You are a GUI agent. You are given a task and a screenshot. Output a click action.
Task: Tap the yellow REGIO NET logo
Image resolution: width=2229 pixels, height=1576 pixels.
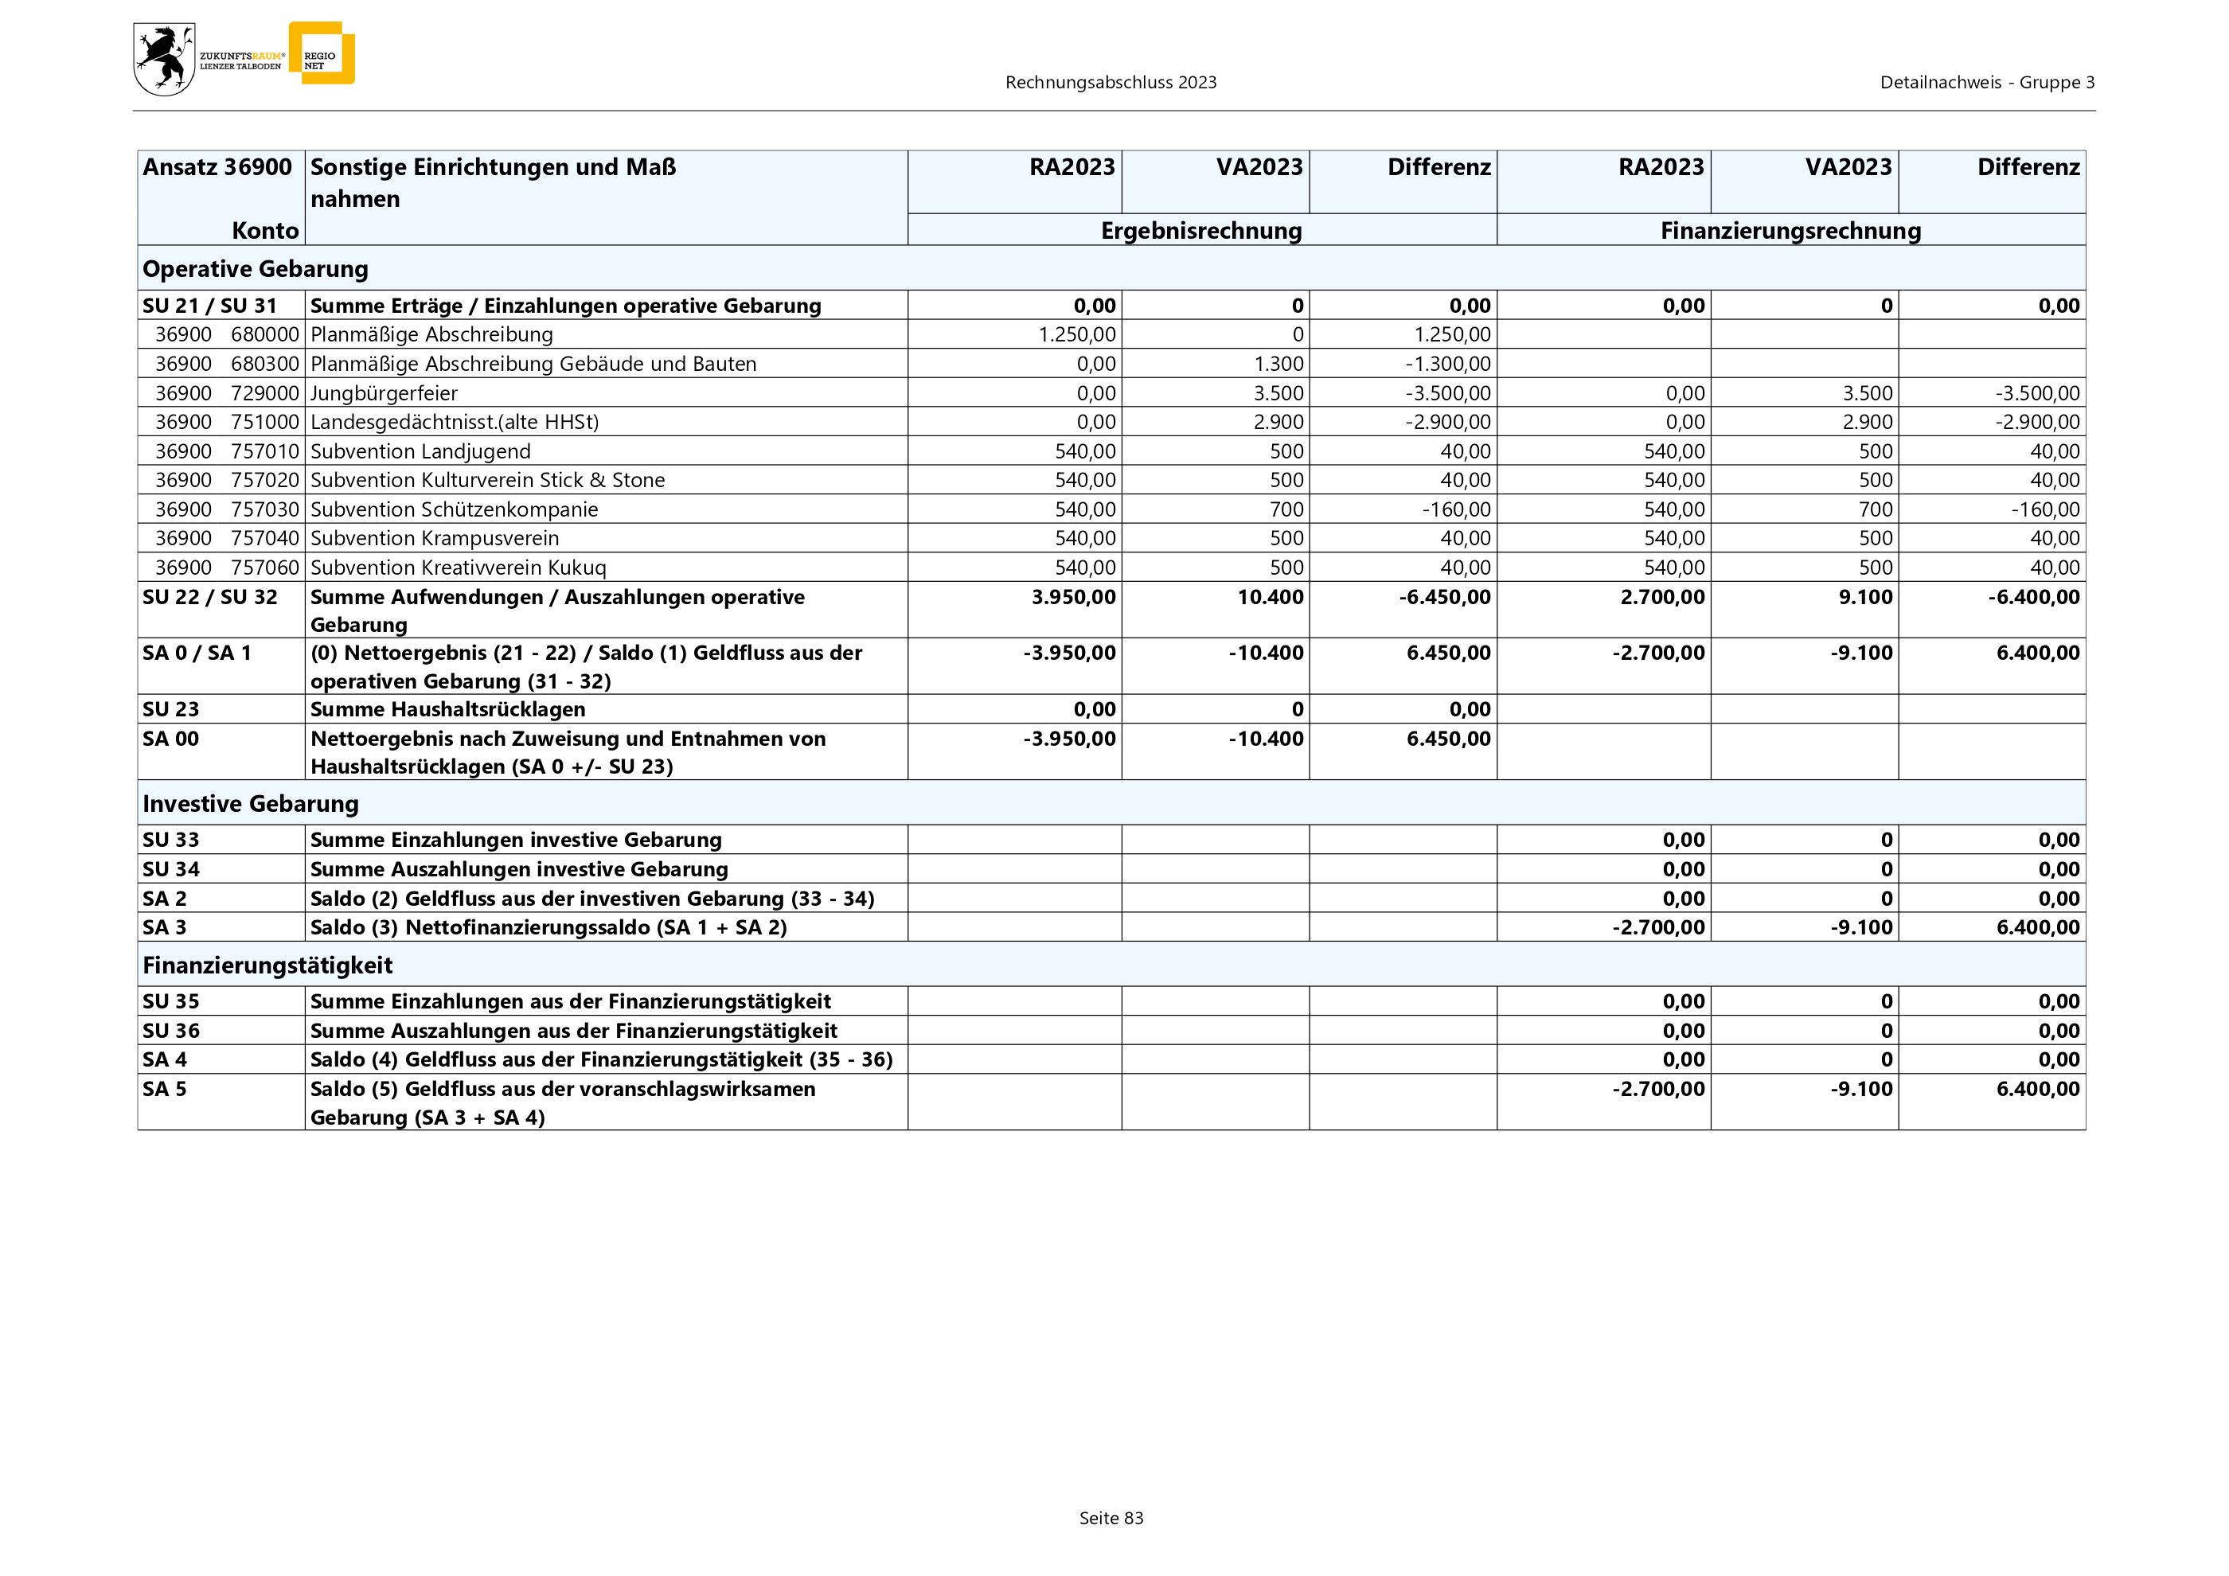[x=322, y=54]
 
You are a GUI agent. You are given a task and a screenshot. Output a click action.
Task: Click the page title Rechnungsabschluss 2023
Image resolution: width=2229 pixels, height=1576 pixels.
[x=1111, y=83]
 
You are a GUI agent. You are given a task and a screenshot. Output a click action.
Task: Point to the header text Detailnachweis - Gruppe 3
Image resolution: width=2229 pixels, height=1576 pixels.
[x=1986, y=83]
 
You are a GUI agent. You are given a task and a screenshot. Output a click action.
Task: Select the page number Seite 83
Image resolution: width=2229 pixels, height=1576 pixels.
[x=1111, y=1518]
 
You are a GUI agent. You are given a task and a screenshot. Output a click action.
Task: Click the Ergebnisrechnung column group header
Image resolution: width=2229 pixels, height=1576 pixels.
[x=1201, y=231]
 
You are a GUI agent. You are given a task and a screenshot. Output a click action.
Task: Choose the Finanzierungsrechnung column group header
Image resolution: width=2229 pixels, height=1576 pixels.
[x=1790, y=231]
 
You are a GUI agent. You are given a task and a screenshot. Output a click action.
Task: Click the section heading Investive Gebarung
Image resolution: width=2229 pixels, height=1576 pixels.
[x=251, y=804]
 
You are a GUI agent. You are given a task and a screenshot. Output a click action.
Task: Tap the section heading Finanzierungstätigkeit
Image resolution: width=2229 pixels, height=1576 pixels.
[x=267, y=965]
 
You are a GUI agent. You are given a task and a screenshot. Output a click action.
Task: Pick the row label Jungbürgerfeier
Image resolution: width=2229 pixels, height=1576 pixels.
[x=384, y=393]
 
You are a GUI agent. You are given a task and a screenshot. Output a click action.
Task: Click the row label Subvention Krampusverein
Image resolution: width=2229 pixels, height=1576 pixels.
[x=434, y=539]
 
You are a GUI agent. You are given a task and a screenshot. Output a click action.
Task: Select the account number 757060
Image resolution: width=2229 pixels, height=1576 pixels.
[x=265, y=568]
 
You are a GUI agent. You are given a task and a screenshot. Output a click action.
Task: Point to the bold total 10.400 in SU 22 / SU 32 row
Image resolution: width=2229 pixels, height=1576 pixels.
[x=1270, y=597]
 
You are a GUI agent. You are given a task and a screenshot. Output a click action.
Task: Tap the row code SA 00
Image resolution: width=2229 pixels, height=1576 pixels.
[x=171, y=739]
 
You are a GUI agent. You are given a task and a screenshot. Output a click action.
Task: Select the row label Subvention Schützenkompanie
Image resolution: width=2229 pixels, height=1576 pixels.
[x=454, y=509]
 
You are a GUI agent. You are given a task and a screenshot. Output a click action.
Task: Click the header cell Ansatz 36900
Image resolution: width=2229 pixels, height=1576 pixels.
[x=217, y=167]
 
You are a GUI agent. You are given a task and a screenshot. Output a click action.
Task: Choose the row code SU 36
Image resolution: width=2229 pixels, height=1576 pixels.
[x=171, y=1031]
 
